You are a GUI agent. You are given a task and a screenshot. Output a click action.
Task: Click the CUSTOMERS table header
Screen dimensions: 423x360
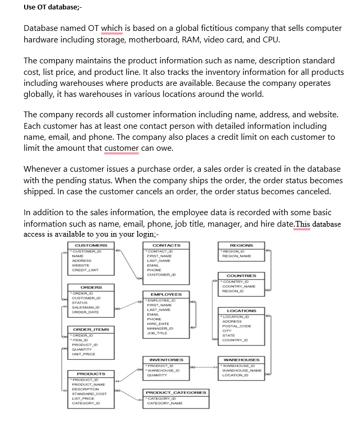point(91,245)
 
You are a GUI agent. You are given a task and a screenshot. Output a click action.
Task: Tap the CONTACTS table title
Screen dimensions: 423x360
point(166,245)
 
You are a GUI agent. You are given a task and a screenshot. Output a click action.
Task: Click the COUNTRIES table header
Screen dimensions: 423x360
point(241,275)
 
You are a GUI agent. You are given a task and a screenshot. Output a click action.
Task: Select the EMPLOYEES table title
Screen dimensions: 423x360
point(166,294)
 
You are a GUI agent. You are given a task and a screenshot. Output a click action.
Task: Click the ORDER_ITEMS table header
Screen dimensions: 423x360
point(91,329)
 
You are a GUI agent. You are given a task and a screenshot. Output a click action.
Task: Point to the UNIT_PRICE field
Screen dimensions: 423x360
point(84,354)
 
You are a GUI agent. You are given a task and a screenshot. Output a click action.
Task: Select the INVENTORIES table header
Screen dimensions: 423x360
point(166,360)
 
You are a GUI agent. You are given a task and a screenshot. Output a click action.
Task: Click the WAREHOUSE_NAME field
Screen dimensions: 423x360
point(242,371)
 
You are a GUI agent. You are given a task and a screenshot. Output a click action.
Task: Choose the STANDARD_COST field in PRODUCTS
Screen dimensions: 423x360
point(89,394)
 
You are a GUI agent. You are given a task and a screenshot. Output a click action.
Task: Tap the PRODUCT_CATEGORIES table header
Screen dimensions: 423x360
point(176,392)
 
